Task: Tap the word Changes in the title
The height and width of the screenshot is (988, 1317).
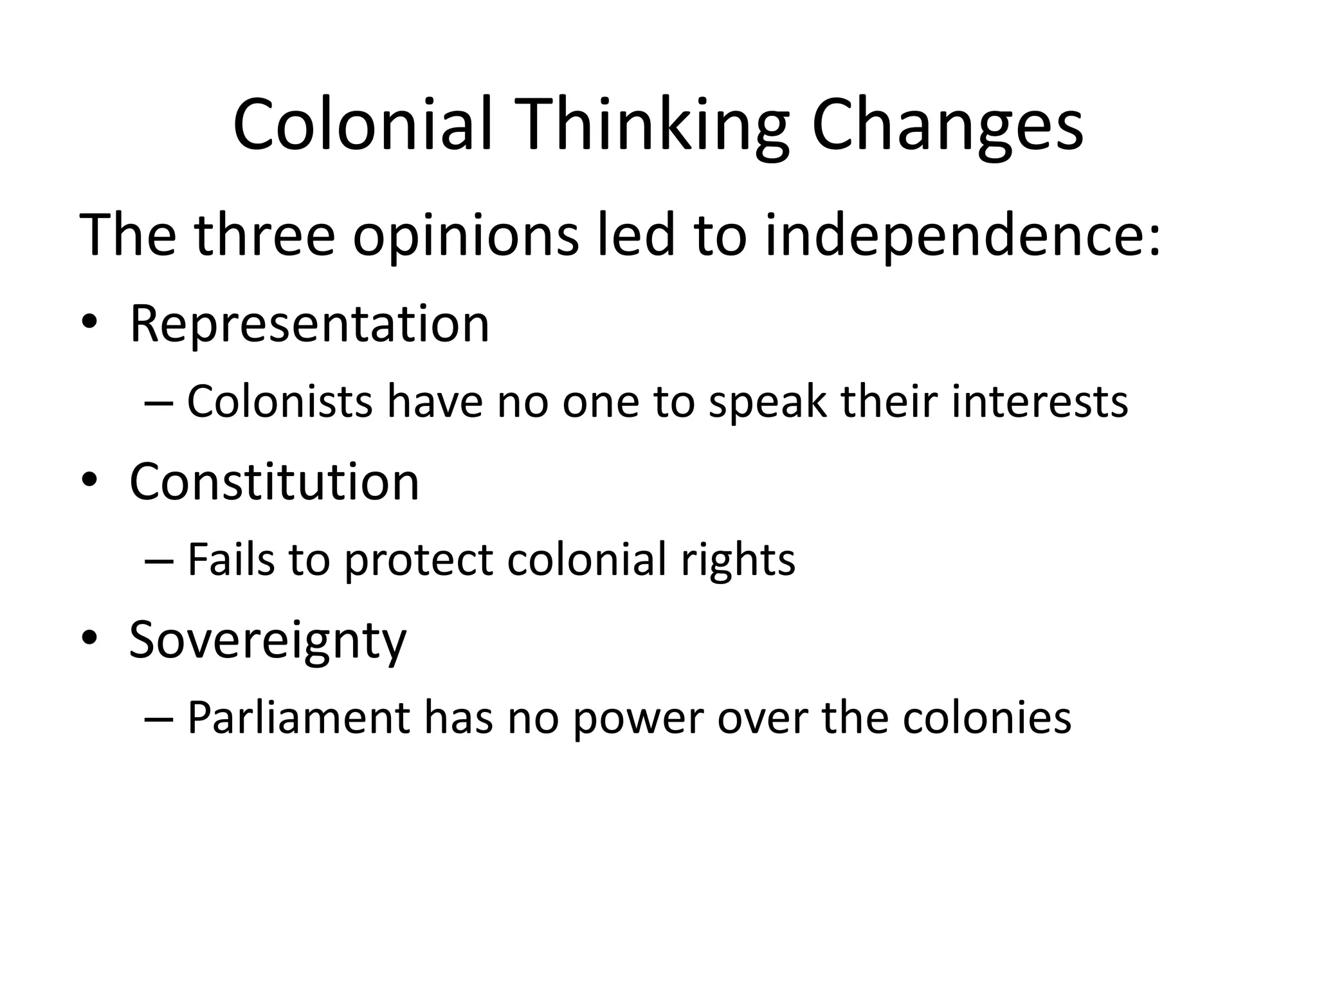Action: pos(947,125)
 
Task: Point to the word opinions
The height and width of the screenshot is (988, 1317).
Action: pos(466,235)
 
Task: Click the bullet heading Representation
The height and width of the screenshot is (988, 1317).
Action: pos(309,324)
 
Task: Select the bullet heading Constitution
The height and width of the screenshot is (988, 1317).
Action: pos(275,482)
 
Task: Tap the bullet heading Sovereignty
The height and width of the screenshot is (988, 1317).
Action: pos(268,641)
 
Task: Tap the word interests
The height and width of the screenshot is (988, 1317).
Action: pos(1039,401)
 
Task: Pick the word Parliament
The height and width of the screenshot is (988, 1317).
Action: pos(298,718)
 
